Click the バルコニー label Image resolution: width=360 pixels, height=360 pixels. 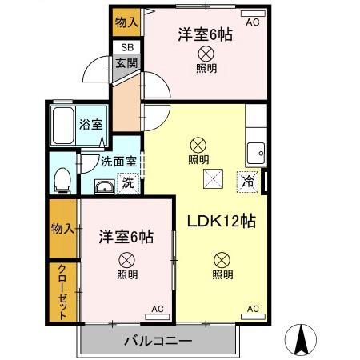point(158,341)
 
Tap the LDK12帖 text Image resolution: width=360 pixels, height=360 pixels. point(222,222)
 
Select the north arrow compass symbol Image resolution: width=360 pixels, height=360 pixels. point(302,339)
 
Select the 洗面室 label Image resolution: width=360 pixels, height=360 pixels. point(118,161)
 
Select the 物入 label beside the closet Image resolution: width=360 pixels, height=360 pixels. point(63,227)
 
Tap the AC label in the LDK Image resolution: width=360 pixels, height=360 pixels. point(254,308)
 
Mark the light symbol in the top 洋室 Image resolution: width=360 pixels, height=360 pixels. point(206,54)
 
